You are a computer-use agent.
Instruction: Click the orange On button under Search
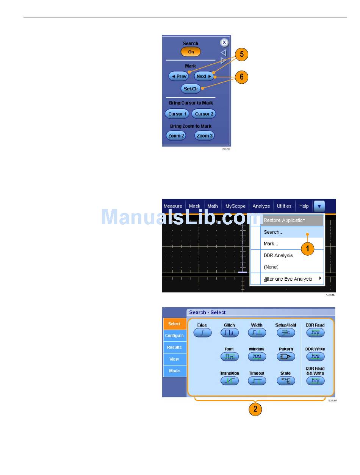[191, 52]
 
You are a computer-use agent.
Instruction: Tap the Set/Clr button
[191, 89]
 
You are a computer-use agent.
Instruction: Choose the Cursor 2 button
[204, 114]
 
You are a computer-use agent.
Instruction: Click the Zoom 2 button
[176, 136]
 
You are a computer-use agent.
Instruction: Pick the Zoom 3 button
[204, 136]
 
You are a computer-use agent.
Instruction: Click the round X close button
[224, 43]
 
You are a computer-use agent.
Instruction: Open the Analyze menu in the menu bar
[261, 206]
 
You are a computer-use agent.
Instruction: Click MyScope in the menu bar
[235, 206]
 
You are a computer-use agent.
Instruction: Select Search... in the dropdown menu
[274, 232]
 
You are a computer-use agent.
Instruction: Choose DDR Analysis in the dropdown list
[278, 255]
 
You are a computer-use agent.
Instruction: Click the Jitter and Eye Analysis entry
[288, 279]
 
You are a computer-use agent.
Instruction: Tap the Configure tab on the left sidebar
[174, 336]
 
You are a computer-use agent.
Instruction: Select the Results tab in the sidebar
[174, 347]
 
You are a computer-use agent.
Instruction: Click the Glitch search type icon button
[230, 333]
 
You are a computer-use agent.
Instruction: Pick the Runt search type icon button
[230, 356]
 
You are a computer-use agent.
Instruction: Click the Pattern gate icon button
[286, 356]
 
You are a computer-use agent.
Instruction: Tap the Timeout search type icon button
[257, 380]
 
